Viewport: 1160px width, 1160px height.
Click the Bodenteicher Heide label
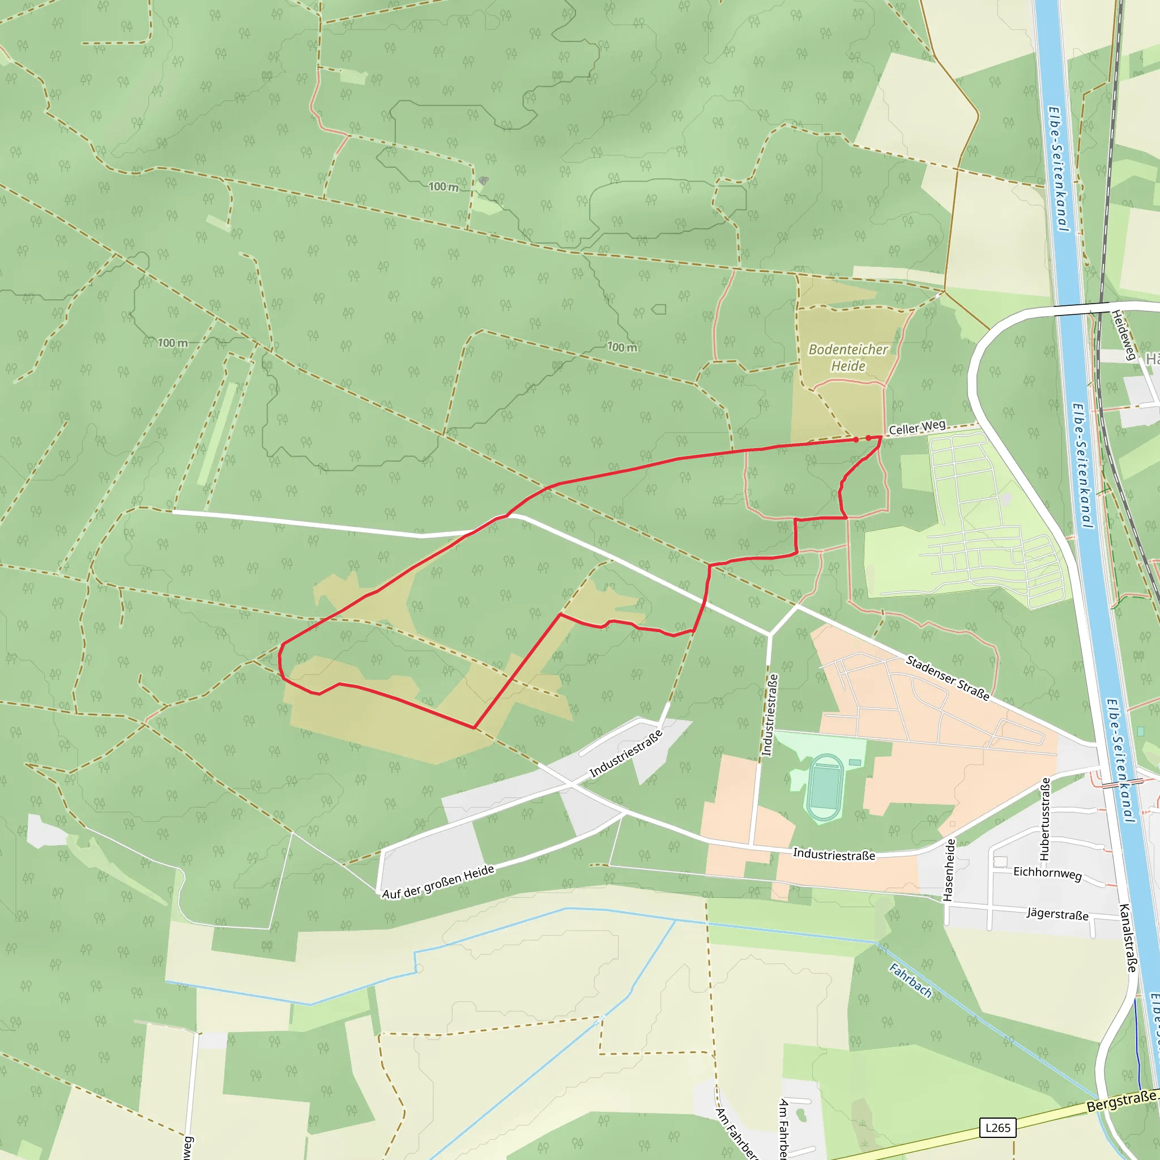(x=848, y=357)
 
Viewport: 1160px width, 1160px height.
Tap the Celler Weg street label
(x=917, y=428)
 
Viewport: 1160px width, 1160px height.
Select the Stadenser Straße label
(x=948, y=678)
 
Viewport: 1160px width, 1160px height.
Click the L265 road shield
(x=997, y=1128)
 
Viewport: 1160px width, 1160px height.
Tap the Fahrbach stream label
(x=910, y=980)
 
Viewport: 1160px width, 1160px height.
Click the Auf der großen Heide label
(x=438, y=882)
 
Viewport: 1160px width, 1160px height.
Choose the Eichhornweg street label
(x=1047, y=873)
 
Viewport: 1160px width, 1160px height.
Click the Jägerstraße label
(x=1057, y=914)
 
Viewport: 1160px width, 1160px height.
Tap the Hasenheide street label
(x=949, y=869)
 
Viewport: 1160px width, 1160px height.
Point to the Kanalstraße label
(x=1128, y=937)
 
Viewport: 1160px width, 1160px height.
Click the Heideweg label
(x=1123, y=334)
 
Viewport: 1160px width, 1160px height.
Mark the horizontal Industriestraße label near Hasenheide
(x=833, y=854)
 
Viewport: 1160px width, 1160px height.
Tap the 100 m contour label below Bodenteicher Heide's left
(x=622, y=347)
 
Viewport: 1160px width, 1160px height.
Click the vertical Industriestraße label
(x=770, y=714)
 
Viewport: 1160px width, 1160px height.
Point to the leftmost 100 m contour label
(x=172, y=343)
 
